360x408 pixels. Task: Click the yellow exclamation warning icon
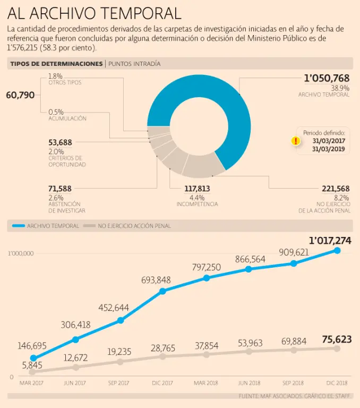coord(296,141)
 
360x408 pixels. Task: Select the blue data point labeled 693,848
coord(162,291)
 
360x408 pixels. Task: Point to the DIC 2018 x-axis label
coord(336,383)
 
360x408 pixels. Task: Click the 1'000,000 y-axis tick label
coord(21,253)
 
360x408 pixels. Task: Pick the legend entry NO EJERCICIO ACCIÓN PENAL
coord(134,226)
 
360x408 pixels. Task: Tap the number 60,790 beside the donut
coord(20,95)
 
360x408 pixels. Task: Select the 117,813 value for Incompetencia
coord(197,189)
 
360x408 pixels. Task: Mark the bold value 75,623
coord(337,339)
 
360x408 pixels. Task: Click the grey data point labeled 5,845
coord(33,372)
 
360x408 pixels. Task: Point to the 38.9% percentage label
coord(340,88)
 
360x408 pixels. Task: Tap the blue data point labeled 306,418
coord(75,339)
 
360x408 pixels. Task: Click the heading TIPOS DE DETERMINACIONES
coord(56,64)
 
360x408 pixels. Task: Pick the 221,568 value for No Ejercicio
coord(335,189)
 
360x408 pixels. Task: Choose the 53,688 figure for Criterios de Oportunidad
coord(60,142)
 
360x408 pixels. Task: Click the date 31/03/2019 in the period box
coord(329,149)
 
